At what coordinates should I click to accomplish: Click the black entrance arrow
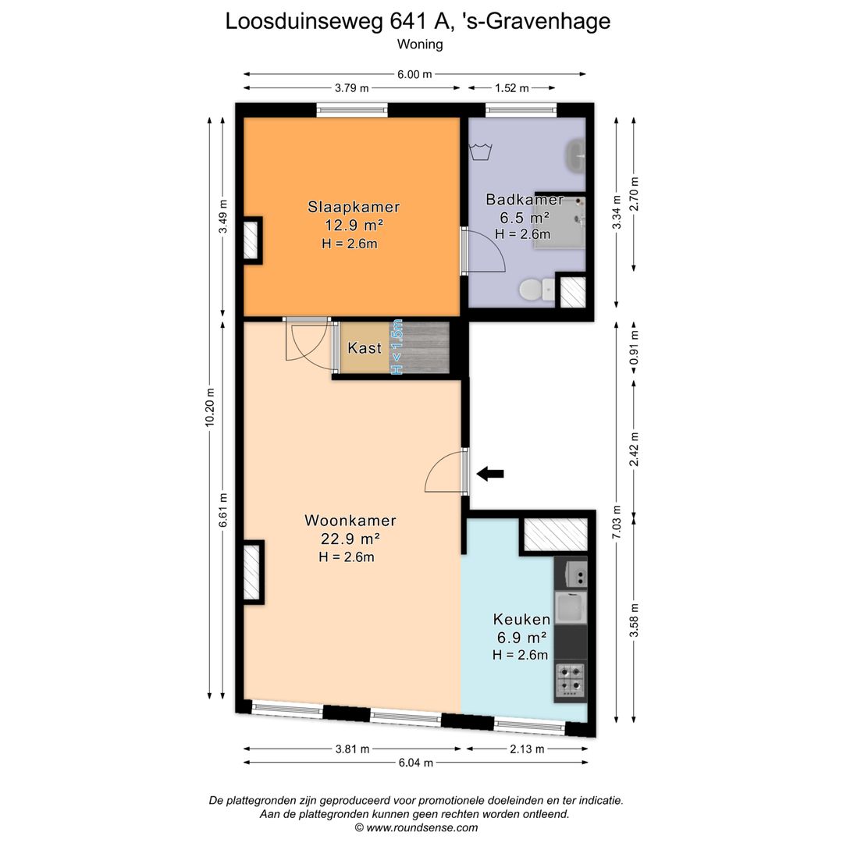point(489,474)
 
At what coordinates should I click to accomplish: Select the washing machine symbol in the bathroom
point(481,151)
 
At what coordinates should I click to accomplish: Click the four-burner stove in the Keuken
point(571,681)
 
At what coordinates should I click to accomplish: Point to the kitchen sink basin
point(571,607)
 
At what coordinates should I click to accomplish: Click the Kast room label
point(365,348)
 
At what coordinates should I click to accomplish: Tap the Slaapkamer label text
point(354,206)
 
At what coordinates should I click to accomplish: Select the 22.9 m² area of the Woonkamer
point(350,538)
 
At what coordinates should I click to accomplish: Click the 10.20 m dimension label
point(210,407)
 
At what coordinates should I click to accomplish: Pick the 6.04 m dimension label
point(415,763)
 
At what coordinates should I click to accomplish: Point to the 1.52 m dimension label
point(512,88)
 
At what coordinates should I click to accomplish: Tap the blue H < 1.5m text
point(397,347)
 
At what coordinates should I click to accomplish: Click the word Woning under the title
point(420,44)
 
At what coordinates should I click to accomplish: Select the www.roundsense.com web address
point(422,828)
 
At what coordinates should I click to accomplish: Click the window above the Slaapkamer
point(352,111)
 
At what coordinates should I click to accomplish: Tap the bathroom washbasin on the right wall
point(576,155)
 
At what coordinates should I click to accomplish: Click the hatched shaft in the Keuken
point(556,535)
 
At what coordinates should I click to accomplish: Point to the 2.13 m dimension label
point(527,749)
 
